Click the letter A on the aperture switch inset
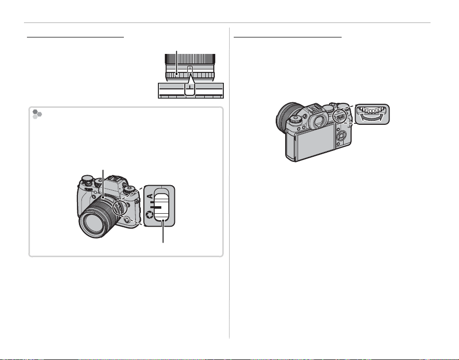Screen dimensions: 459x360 pyautogui.click(x=149, y=196)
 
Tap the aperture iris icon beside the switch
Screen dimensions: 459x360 pyautogui.click(x=149, y=215)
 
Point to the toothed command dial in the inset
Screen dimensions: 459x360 pyautogui.click(x=372, y=110)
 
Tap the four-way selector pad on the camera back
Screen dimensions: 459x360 pyautogui.click(x=341, y=135)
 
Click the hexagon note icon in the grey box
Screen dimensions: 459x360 pyautogui.click(x=36, y=114)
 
